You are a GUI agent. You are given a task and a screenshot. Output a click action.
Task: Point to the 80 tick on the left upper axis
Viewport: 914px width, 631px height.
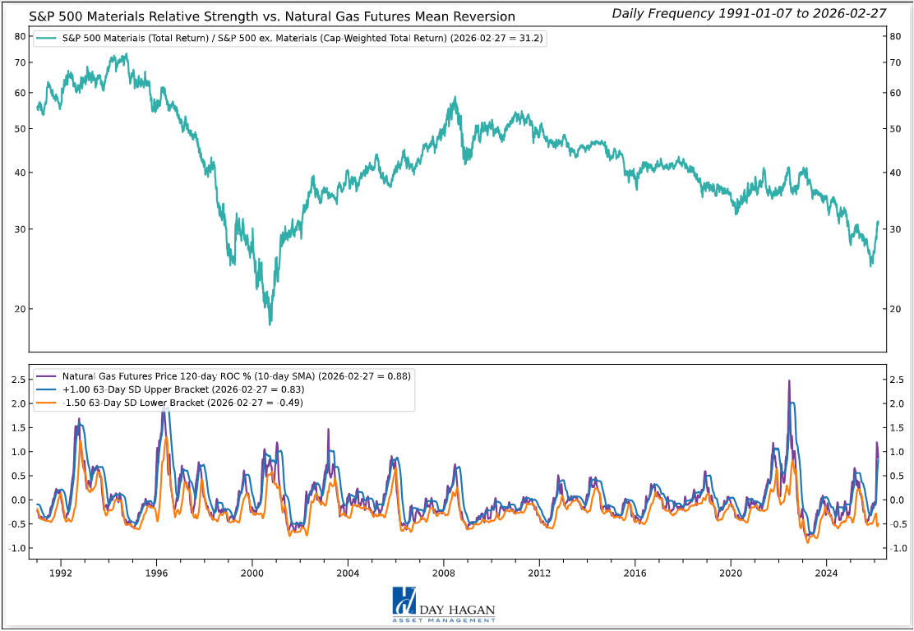pyautogui.click(x=19, y=37)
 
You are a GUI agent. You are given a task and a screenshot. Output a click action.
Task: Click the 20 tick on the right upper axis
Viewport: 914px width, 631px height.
pyautogui.click(x=898, y=309)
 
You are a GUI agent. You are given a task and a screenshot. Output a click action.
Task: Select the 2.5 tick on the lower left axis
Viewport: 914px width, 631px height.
pyautogui.click(x=16, y=379)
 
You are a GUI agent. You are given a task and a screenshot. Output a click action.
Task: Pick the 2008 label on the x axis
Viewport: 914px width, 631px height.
pyautogui.click(x=444, y=572)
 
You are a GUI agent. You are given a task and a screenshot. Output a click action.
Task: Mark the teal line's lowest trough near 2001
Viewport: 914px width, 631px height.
pyautogui.click(x=270, y=324)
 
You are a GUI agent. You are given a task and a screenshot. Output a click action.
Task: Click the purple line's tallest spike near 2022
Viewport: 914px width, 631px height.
pyautogui.click(x=789, y=381)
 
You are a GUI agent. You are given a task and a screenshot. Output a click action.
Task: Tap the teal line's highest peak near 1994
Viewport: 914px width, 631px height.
pyautogui.click(x=125, y=54)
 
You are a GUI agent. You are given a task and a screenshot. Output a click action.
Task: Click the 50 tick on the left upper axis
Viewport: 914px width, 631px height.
pyautogui.click(x=19, y=129)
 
